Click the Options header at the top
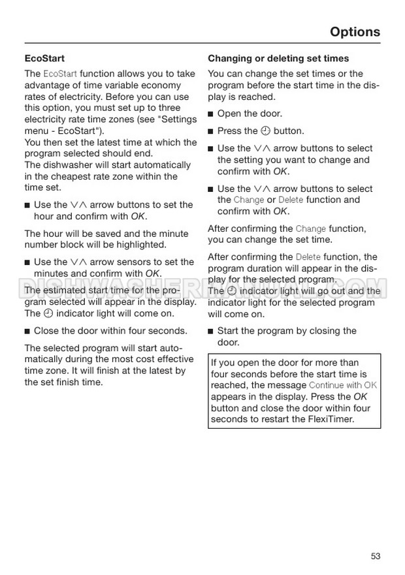(x=355, y=31)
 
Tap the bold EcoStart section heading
(x=44, y=58)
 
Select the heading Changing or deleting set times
(x=278, y=58)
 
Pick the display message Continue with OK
(x=343, y=385)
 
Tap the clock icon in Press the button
(x=266, y=131)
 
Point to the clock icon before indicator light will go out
(x=231, y=291)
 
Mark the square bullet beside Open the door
(x=211, y=114)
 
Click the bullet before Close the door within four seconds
(x=27, y=331)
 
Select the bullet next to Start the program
(x=211, y=331)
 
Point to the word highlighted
(x=143, y=245)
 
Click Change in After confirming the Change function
(x=311, y=228)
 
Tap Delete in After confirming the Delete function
(x=309, y=257)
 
